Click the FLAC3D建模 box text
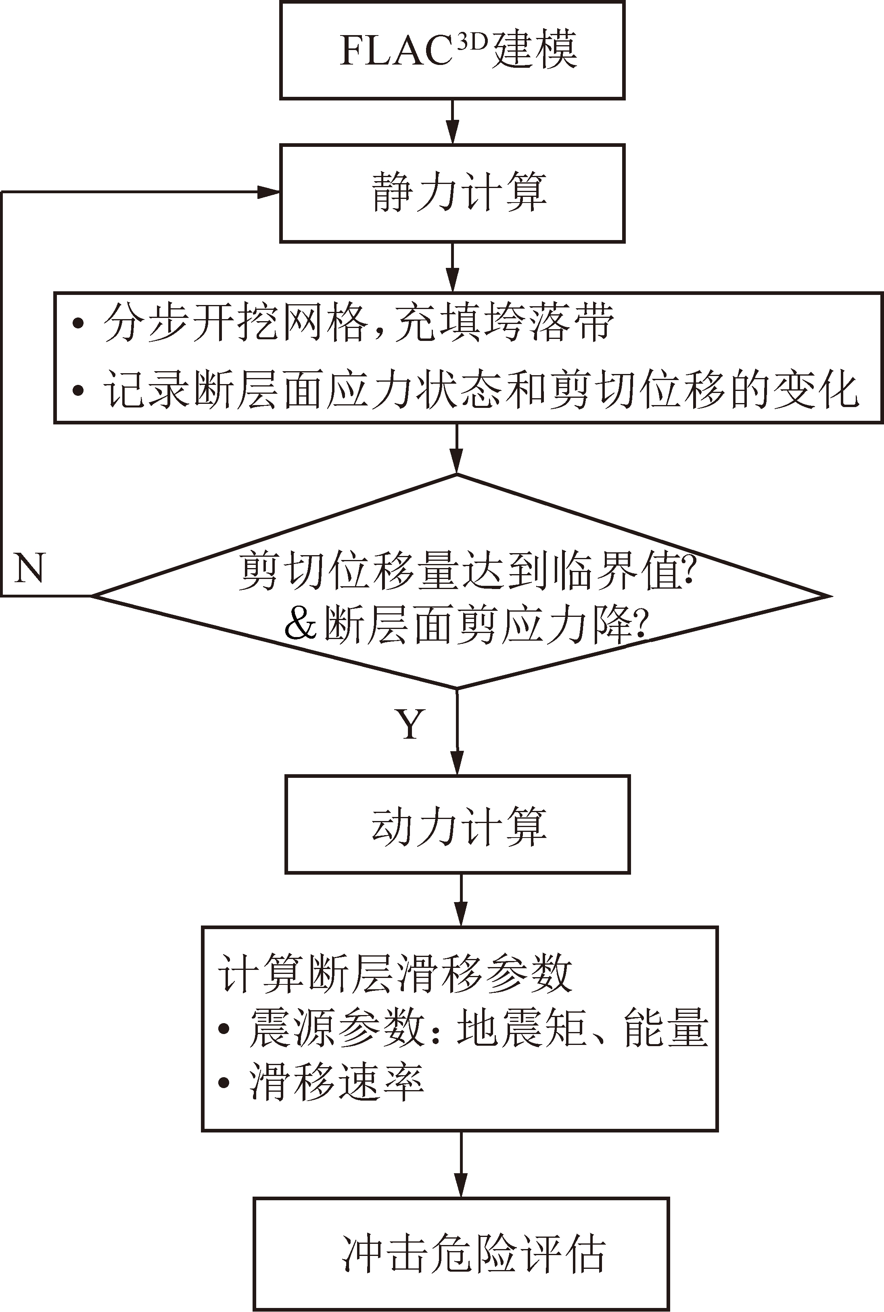point(459,49)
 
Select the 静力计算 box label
point(459,192)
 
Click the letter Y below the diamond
point(410,724)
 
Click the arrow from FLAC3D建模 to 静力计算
point(453,122)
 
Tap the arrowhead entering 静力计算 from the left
point(269,192)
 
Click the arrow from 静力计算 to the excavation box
point(453,267)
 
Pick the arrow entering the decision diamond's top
point(457,449)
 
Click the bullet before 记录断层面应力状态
point(78,390)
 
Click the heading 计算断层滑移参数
point(396,973)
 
